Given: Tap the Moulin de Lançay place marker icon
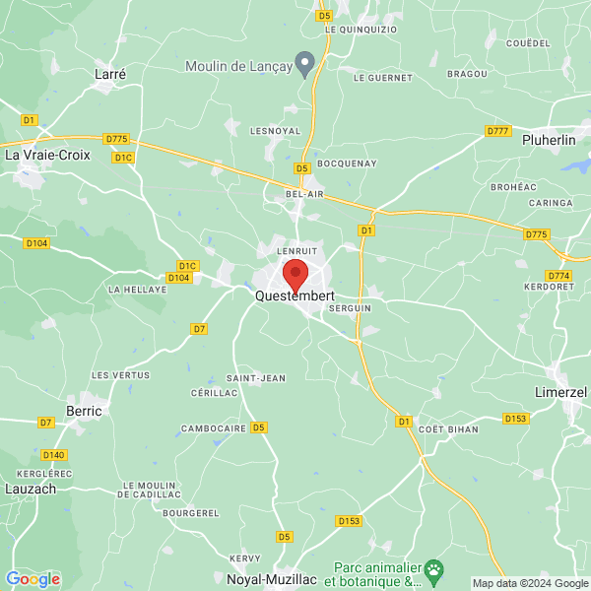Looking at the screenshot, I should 306,64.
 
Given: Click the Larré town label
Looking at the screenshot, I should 110,74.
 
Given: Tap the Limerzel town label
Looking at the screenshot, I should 559,392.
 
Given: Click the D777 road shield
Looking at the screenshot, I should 497,131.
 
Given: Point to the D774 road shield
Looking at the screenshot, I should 558,276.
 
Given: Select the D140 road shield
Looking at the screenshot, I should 55,454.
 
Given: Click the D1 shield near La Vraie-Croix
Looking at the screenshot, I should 29,119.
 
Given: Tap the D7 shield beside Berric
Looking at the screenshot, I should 45,423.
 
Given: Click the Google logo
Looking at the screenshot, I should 33,579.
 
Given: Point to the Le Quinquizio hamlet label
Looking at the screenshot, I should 361,30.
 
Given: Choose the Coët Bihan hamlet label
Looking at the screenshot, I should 448,429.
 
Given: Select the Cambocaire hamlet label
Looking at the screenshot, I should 213,429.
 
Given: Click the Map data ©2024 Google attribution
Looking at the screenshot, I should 530,582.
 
